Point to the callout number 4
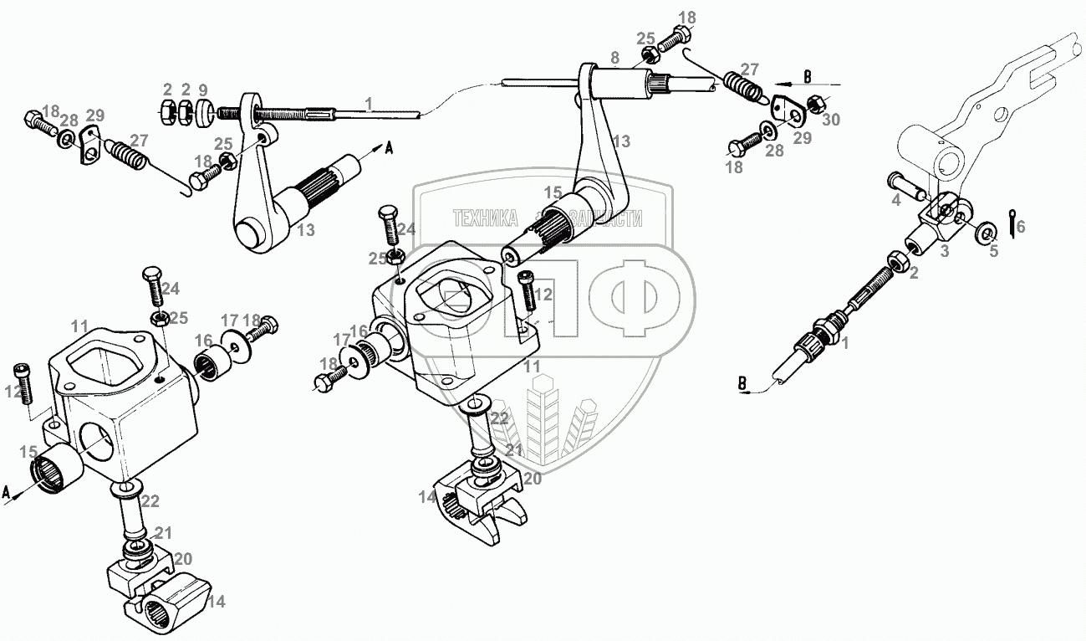895,200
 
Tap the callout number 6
1019,226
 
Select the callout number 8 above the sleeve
614,58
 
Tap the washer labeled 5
987,231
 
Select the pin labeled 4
907,183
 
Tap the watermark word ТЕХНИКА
486,219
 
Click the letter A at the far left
8,493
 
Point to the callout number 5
993,250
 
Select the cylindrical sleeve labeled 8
617,81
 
